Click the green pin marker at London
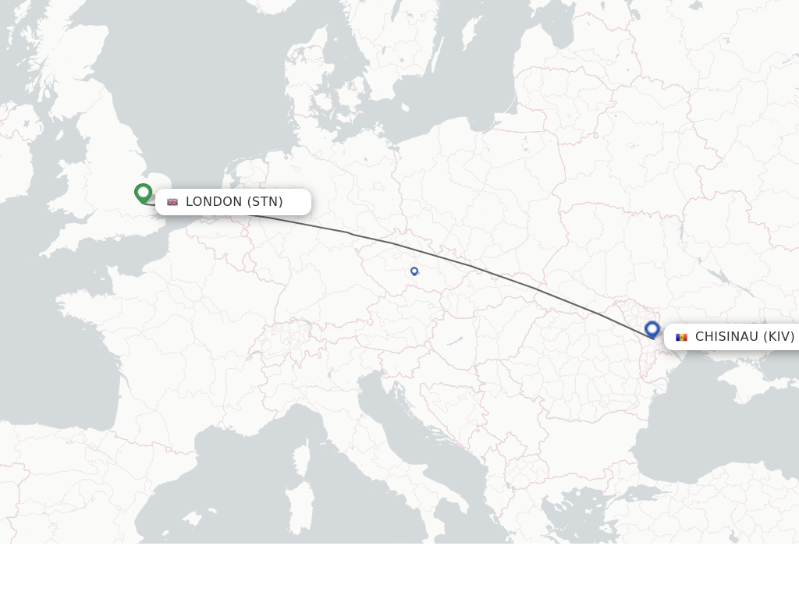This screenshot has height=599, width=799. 143,192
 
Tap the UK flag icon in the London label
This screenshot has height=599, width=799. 172,202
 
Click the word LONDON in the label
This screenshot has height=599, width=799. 214,202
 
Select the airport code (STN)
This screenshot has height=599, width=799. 265,202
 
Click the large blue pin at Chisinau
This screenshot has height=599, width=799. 652,329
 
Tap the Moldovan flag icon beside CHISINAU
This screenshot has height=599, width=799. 681,337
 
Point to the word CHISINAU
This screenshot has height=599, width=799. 726,337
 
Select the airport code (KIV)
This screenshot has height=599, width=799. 779,337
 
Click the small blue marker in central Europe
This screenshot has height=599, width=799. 414,271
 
